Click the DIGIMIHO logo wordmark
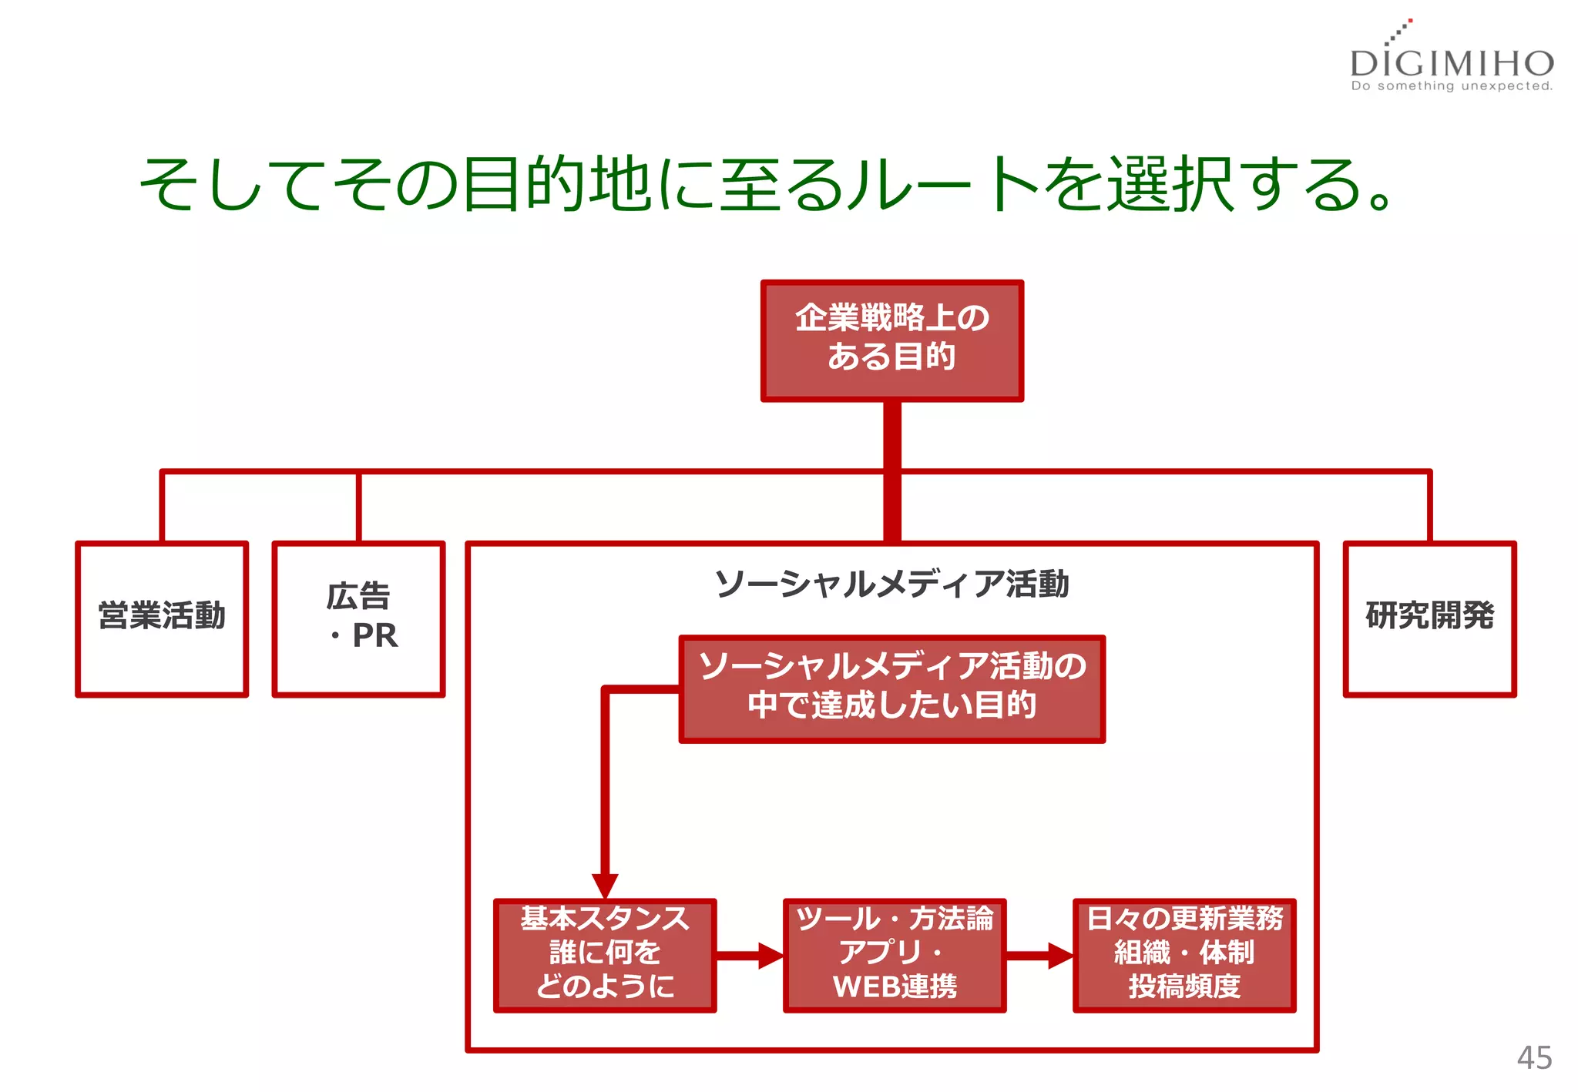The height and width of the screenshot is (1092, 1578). [x=1452, y=62]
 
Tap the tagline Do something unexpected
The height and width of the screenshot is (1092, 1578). [x=1452, y=86]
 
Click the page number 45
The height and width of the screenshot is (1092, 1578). [x=1533, y=1057]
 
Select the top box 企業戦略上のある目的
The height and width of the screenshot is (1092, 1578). [x=891, y=340]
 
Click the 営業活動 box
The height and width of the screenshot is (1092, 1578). [x=162, y=618]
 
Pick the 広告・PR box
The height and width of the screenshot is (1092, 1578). [x=358, y=618]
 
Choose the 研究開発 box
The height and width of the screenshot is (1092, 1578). [x=1429, y=618]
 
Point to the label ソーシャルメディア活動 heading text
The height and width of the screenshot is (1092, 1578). [x=891, y=584]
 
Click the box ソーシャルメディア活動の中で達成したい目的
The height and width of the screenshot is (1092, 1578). [x=891, y=688]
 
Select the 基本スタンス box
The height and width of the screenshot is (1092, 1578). [x=605, y=955]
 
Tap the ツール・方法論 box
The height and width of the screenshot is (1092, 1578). [x=894, y=955]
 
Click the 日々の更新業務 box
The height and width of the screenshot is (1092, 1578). [x=1184, y=955]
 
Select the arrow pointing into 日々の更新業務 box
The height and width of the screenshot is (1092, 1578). [x=1039, y=956]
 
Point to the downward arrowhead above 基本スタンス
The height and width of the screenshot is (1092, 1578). [x=605, y=884]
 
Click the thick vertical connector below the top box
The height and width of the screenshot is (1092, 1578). [x=891, y=470]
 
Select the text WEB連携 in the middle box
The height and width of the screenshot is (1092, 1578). [x=895, y=986]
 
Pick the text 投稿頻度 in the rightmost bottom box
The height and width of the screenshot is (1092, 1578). [x=1184, y=986]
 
